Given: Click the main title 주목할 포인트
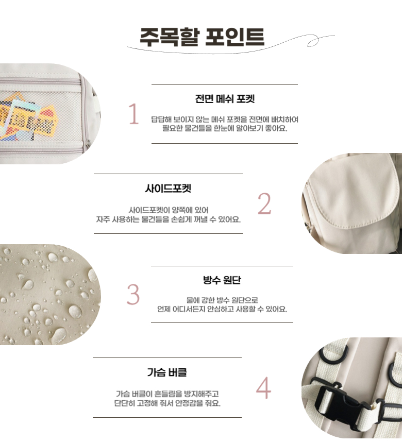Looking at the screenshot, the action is point(202,37).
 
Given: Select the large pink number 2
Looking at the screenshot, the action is point(264,203).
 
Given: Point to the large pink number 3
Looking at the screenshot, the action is point(133,294).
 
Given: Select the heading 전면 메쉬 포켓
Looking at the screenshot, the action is point(225,99).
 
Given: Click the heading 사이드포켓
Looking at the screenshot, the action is point(168,189).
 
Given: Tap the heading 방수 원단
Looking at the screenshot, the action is point(222,280).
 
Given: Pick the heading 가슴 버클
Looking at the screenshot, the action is point(167,372).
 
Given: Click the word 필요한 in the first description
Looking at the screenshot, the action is point(173,129).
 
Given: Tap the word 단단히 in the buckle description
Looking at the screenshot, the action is point(124,403).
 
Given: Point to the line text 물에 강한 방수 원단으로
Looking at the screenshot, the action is point(222,300).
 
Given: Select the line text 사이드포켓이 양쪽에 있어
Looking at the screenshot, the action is point(169,210).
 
